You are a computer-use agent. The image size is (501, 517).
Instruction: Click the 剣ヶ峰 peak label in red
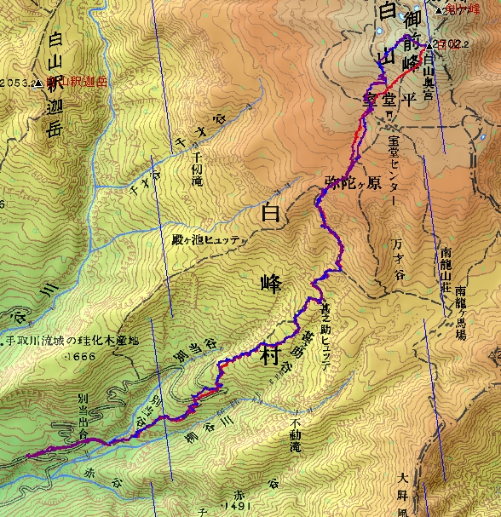[x=467, y=9]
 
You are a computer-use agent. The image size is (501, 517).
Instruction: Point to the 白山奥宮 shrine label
[x=429, y=72]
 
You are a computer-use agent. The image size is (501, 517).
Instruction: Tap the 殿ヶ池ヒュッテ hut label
[x=205, y=240]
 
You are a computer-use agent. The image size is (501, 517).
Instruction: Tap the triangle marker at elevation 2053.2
[x=39, y=83]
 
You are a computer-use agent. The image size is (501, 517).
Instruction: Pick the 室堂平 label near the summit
[x=389, y=99]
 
